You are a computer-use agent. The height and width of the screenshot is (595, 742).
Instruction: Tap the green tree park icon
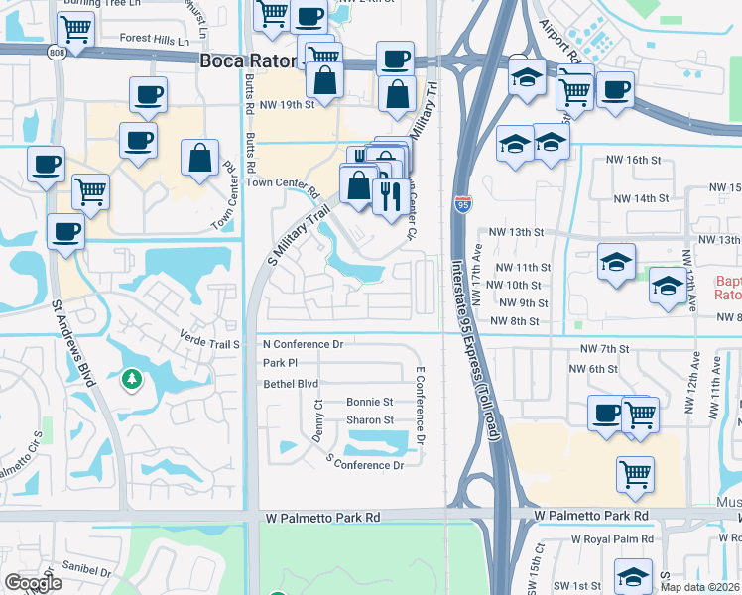131,379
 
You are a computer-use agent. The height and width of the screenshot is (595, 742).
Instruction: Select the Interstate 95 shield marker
462,204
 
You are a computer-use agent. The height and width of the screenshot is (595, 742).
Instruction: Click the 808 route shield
58,52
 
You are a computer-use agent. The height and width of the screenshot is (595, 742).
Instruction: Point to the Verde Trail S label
209,344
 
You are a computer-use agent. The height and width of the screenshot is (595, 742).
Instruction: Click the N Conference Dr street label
303,345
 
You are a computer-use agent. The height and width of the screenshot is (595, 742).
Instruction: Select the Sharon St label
370,420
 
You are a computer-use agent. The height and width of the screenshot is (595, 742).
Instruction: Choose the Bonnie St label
370,402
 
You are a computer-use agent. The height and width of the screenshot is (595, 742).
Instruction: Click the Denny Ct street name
318,419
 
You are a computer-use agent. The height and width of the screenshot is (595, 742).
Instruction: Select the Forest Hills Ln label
154,41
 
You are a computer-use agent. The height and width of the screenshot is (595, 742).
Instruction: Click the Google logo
33,583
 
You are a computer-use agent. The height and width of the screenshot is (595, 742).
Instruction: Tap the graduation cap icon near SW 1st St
634,575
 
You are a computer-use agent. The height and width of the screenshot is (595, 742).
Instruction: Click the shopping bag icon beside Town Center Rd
200,157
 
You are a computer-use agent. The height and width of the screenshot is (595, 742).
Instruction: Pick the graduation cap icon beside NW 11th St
616,263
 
